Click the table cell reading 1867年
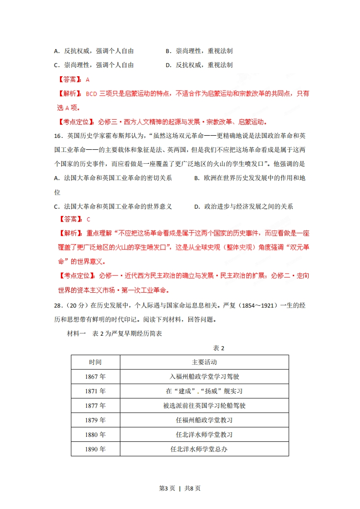95,377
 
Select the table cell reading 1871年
95,391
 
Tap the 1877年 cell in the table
95,406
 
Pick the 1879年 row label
95,420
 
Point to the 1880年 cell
95,435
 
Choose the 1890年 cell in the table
95,449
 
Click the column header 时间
95,362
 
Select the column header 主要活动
204,362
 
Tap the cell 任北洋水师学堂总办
204,449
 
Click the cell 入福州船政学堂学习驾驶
204,377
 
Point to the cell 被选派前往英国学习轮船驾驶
204,406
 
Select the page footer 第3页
167,489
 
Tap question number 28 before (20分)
58,305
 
